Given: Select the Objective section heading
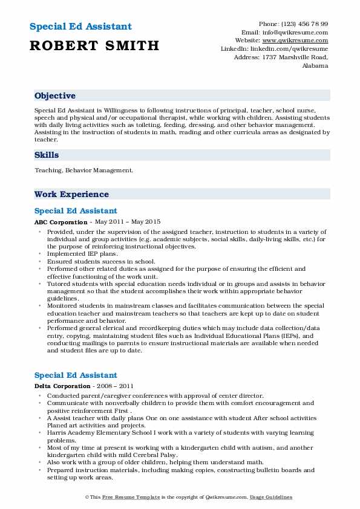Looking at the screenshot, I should coord(55,96).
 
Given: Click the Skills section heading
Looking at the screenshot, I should coord(47,155).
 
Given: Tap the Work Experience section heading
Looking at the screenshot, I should coord(71,194).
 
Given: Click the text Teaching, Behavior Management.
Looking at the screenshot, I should coord(83,170).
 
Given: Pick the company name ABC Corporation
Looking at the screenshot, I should coord(61,222).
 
